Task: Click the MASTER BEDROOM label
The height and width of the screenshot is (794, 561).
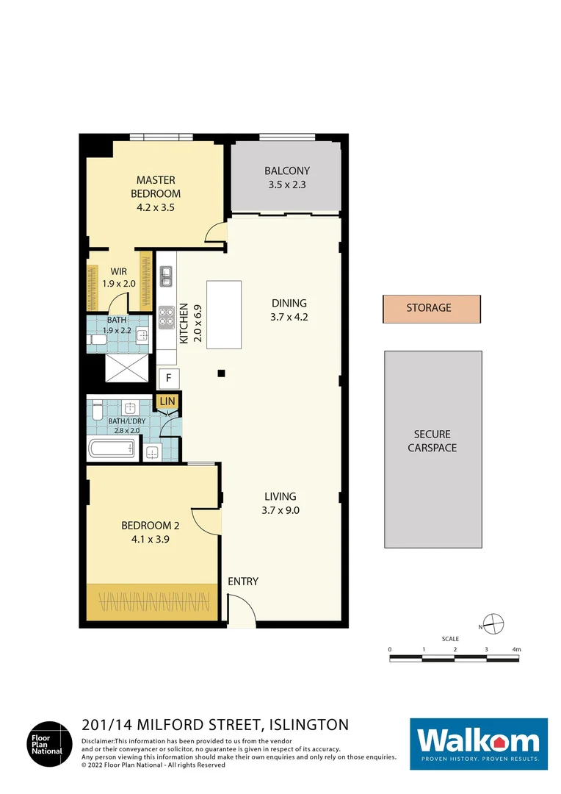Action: [x=155, y=187]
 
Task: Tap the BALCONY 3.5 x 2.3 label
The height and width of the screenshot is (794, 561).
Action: [x=286, y=178]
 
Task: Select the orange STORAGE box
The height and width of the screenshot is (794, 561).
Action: [x=431, y=309]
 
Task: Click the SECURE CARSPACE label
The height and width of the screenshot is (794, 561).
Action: [x=432, y=441]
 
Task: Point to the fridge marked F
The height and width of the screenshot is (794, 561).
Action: [x=169, y=379]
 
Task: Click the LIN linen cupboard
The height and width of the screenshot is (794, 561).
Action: [x=167, y=401]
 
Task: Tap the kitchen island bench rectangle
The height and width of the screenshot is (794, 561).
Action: [x=224, y=315]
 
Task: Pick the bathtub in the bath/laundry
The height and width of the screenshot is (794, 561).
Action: [x=112, y=448]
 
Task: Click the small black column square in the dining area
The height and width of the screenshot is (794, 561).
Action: [x=220, y=373]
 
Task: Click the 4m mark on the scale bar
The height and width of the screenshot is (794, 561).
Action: [x=516, y=650]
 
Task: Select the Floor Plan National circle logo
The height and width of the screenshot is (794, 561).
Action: [x=50, y=744]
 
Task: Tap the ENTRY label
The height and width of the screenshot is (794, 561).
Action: [x=243, y=582]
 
